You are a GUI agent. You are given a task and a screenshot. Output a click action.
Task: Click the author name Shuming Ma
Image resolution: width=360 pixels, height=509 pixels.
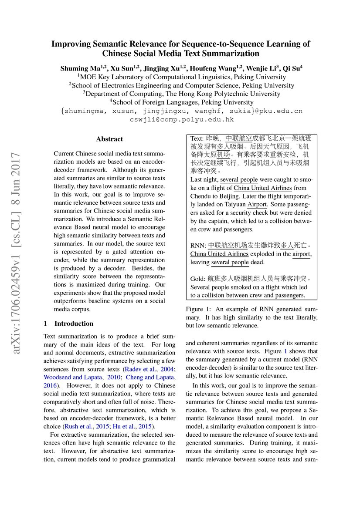coord(80,68)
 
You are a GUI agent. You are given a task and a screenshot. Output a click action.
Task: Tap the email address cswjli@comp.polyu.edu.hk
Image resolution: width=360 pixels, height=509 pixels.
coord(182,119)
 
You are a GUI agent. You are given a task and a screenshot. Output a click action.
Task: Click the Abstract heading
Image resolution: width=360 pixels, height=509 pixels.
coord(109,139)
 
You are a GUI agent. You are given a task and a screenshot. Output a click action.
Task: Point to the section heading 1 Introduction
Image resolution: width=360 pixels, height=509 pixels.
coord(69,324)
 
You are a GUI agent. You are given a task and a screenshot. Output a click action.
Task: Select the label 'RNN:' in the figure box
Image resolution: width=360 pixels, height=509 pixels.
coord(198,246)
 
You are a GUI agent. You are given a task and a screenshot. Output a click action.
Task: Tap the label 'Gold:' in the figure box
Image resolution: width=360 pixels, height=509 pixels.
coord(198,279)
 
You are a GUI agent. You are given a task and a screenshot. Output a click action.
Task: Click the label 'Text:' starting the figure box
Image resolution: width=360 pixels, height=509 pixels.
coord(197,138)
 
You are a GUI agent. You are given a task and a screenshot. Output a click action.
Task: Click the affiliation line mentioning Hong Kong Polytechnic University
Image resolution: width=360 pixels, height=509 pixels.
coord(182,94)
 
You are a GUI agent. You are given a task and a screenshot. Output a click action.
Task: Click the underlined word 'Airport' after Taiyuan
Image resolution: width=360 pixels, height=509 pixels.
coord(257,204)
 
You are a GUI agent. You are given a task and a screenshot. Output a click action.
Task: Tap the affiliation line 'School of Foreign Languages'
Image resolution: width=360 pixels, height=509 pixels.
coord(182,102)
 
